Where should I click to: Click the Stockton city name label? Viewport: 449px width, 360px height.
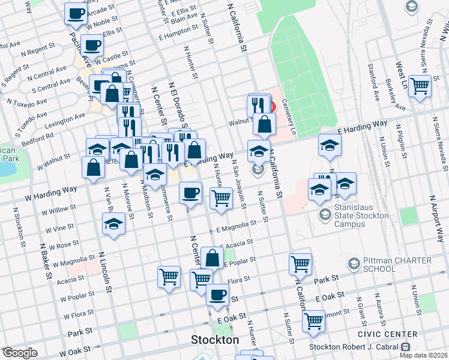pos(214,340)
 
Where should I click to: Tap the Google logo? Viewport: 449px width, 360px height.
pos(20,353)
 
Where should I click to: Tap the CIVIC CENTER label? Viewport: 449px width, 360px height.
pos(395,334)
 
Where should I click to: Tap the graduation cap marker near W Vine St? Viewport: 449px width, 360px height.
pos(113,224)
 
